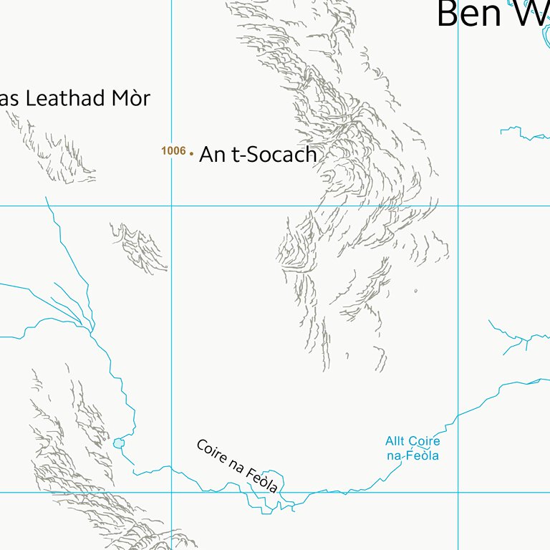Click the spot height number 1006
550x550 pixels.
click(x=173, y=151)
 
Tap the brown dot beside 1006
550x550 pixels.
click(x=192, y=153)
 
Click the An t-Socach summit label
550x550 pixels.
click(x=257, y=155)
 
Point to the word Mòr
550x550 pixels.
click(x=131, y=98)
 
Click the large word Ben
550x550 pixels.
click(x=469, y=14)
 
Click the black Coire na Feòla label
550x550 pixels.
click(x=236, y=466)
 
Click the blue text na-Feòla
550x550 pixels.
click(x=412, y=455)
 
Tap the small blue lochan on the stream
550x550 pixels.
click(x=118, y=443)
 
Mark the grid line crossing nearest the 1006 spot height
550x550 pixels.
click(x=172, y=206)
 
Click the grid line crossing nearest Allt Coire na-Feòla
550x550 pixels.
click(x=458, y=492)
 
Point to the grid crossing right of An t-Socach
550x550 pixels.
click(x=458, y=206)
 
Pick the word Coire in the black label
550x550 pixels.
click(x=211, y=451)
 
